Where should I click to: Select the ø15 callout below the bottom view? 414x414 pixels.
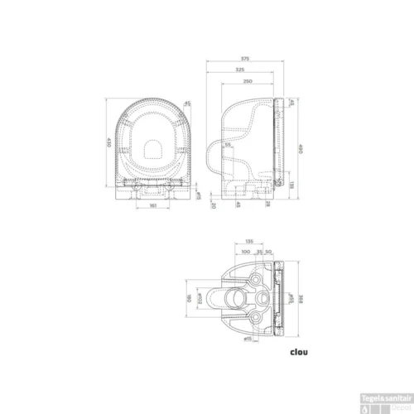tap(246, 338)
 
